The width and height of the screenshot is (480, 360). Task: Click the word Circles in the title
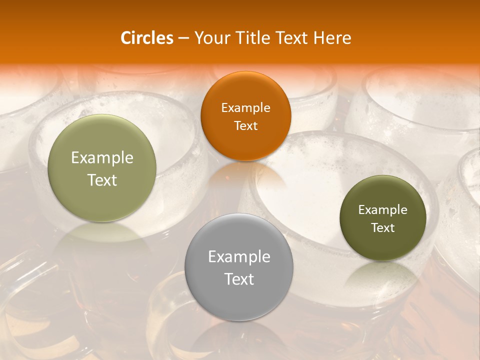click(x=147, y=38)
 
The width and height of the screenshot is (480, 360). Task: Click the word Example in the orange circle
click(x=245, y=108)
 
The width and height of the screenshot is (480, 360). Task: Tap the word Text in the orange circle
click(x=245, y=125)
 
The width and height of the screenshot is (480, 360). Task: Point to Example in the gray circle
click(x=239, y=257)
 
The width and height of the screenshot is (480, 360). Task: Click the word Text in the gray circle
click(x=239, y=279)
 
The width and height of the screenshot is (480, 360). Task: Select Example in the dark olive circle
click(x=383, y=210)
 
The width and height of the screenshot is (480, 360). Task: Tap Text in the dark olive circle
click(x=383, y=228)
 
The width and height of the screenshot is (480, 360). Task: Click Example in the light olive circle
click(x=102, y=158)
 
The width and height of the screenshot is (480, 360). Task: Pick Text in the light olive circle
click(x=102, y=180)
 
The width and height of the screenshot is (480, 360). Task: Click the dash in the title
click(x=183, y=38)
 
